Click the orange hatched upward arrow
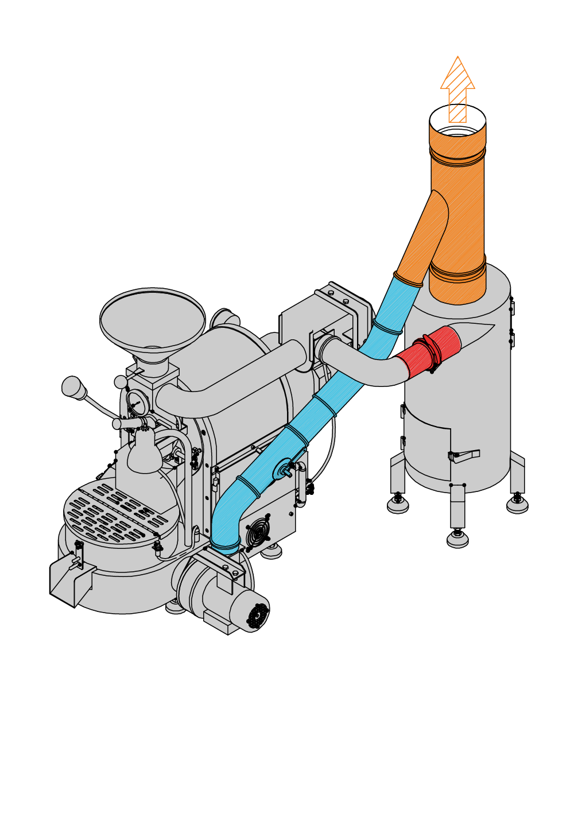pyautogui.click(x=457, y=86)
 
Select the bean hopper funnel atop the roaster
pyautogui.click(x=152, y=319)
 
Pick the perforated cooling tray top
pyautogui.click(x=115, y=511)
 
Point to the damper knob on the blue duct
pyautogui.click(x=285, y=470)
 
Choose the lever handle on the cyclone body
pyautogui.click(x=467, y=455)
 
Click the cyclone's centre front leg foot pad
pyautogui.click(x=457, y=540)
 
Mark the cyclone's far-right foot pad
pyautogui.click(x=517, y=505)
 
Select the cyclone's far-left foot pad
pyautogui.click(x=398, y=505)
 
